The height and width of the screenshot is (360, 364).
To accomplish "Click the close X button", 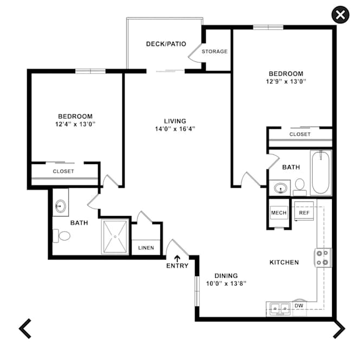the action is tap(340, 15).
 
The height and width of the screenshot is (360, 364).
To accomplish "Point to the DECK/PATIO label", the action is tap(166, 44).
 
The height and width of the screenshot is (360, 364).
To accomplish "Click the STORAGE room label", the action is tap(214, 51).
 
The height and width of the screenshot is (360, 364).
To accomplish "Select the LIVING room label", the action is tap(175, 121).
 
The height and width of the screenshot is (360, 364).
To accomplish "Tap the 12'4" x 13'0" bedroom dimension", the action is tap(75, 124).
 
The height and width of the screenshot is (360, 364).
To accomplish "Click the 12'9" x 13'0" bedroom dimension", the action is tap(286, 81).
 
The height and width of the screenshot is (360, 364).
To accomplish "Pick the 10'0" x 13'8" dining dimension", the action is tap(226, 284).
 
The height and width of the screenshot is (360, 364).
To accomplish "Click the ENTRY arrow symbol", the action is tap(177, 259).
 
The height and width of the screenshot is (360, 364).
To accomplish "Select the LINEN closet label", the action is tap(146, 248).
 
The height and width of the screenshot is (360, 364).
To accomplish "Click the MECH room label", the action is tap(278, 213).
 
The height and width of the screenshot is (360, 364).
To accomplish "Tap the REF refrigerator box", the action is tap(304, 211).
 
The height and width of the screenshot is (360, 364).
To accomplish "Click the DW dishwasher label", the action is tap(299, 306).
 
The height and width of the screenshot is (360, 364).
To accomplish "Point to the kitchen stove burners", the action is tap(323, 258).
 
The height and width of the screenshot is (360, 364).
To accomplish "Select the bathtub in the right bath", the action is tap(321, 172).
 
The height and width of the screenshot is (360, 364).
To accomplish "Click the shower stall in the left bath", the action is tap(115, 237).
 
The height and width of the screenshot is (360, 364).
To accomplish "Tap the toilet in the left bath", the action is tap(61, 236).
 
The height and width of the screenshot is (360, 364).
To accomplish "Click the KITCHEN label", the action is tap(284, 263).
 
